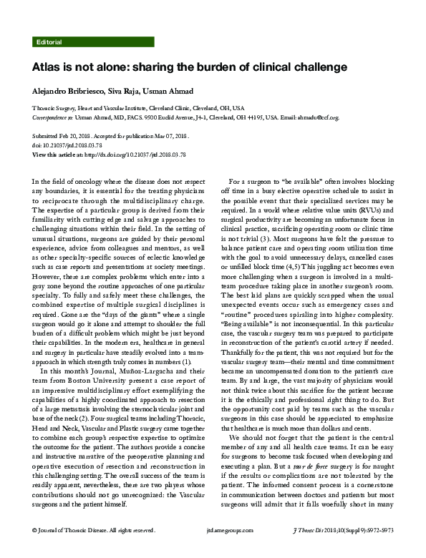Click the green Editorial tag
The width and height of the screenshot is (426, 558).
(x=48, y=42)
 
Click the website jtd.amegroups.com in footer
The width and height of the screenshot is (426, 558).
(x=213, y=550)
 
